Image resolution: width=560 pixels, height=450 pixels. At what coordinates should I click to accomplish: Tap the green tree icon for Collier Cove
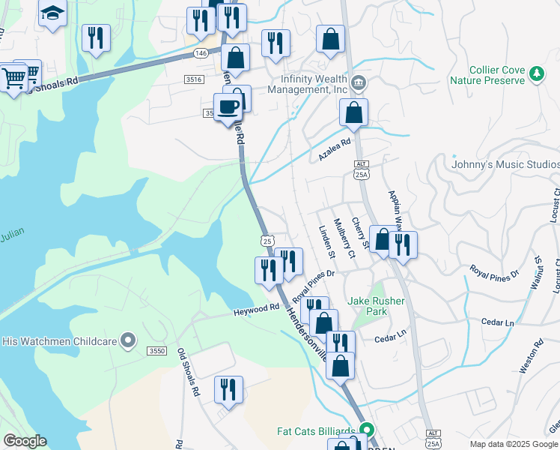click(536, 73)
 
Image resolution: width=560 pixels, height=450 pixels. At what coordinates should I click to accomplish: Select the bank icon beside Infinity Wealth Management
click(359, 82)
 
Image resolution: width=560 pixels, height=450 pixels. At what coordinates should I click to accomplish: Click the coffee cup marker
click(228, 107)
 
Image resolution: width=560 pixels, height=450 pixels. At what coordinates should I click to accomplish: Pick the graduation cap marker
click(52, 13)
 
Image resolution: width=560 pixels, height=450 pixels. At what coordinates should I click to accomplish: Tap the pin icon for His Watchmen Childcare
click(128, 341)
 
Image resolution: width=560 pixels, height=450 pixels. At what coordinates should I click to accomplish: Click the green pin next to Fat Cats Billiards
click(366, 430)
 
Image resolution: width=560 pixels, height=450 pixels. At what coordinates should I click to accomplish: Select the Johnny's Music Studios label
click(505, 164)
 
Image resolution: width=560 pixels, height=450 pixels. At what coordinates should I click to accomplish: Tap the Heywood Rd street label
click(255, 309)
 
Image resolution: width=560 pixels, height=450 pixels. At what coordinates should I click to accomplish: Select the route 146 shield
click(200, 53)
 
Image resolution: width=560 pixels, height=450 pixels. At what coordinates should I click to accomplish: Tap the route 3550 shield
click(156, 351)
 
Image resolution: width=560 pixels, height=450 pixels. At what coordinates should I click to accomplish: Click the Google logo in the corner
click(25, 441)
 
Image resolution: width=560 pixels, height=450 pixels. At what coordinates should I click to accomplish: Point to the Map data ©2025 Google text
click(514, 444)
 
